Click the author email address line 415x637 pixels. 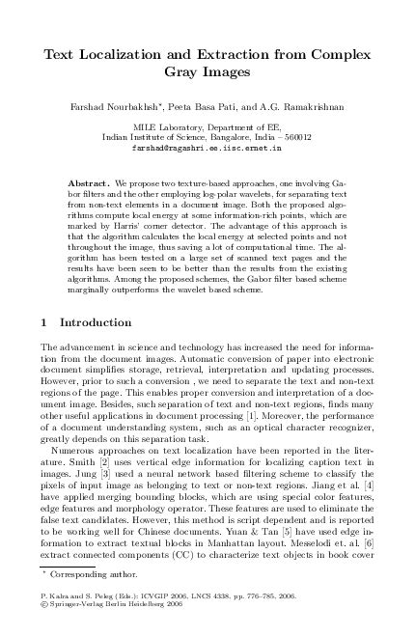[207, 151]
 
